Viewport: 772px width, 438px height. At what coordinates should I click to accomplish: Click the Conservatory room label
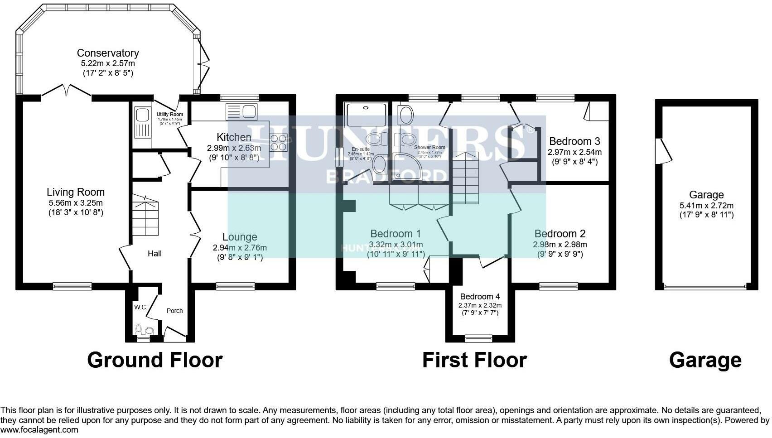108,53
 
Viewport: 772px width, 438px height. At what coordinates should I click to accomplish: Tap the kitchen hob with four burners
279,143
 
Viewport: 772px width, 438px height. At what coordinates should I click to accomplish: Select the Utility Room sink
142,122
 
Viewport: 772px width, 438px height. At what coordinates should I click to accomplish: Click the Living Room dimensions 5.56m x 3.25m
76,203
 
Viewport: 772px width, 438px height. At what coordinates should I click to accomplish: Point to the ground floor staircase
145,216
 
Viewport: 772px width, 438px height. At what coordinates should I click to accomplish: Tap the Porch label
174,311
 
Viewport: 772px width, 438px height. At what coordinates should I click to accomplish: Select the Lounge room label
240,237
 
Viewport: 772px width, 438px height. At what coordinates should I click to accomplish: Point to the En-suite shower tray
366,115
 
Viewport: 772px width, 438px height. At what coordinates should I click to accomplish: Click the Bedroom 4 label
480,297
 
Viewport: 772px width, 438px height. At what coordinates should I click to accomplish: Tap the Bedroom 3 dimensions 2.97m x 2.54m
574,152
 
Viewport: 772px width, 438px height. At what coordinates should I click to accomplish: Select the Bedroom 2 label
560,234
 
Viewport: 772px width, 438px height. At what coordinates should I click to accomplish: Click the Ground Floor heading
154,360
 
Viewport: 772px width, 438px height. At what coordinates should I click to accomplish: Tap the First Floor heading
474,360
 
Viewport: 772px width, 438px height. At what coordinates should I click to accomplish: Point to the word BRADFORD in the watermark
386,176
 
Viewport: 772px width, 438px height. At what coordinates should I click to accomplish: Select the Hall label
154,254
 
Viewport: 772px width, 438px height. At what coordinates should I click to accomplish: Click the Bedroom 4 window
479,338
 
